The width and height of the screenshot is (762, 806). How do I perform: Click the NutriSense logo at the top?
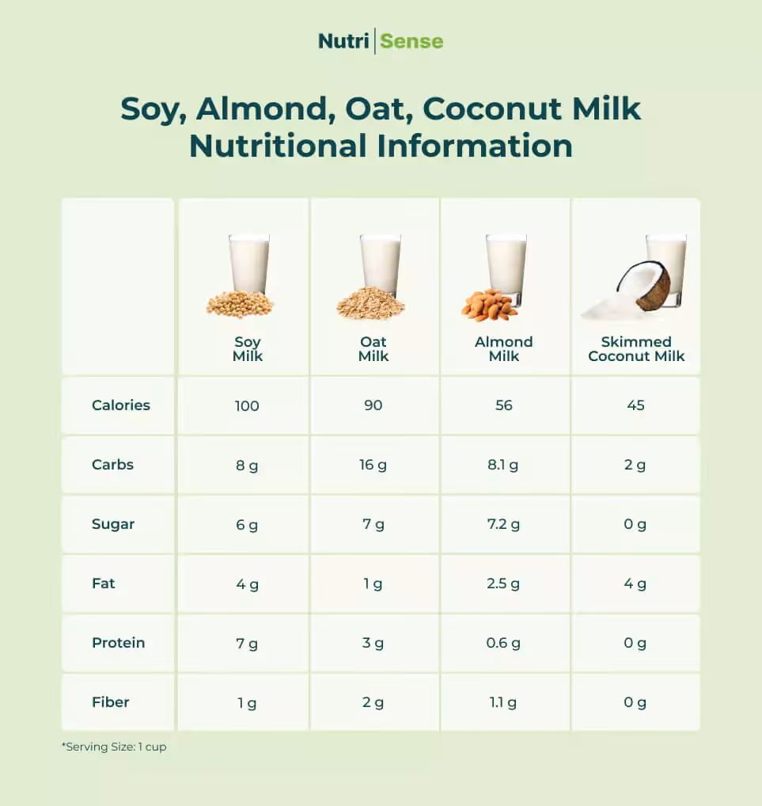coord(381,41)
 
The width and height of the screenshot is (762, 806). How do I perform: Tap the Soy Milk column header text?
coord(247,349)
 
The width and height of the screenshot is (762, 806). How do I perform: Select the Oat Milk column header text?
coord(373,349)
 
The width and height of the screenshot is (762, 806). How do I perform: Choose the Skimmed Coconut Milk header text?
coord(636,349)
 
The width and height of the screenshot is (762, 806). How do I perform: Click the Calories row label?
coord(120,405)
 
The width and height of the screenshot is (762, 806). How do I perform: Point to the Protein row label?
coord(118,643)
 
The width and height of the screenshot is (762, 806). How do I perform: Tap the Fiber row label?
coord(110,702)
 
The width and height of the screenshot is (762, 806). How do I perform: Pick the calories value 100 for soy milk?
coord(247,405)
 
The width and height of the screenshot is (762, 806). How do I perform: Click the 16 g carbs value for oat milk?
coord(373,465)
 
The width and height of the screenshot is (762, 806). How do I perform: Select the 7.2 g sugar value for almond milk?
coord(503,524)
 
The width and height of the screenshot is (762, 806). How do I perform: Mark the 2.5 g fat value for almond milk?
coord(503,584)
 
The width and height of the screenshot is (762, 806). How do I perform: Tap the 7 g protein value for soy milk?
coord(247,644)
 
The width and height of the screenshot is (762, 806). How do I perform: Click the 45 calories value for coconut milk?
coord(635,405)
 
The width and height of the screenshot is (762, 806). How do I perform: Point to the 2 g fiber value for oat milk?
coord(373,703)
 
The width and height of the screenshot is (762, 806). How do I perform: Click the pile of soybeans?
coord(240,304)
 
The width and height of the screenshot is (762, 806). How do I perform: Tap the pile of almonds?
coord(488,306)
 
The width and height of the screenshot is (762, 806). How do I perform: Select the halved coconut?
coord(644,285)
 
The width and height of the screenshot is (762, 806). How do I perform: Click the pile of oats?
coord(370,304)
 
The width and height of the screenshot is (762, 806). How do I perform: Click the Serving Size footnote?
coord(114,747)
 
